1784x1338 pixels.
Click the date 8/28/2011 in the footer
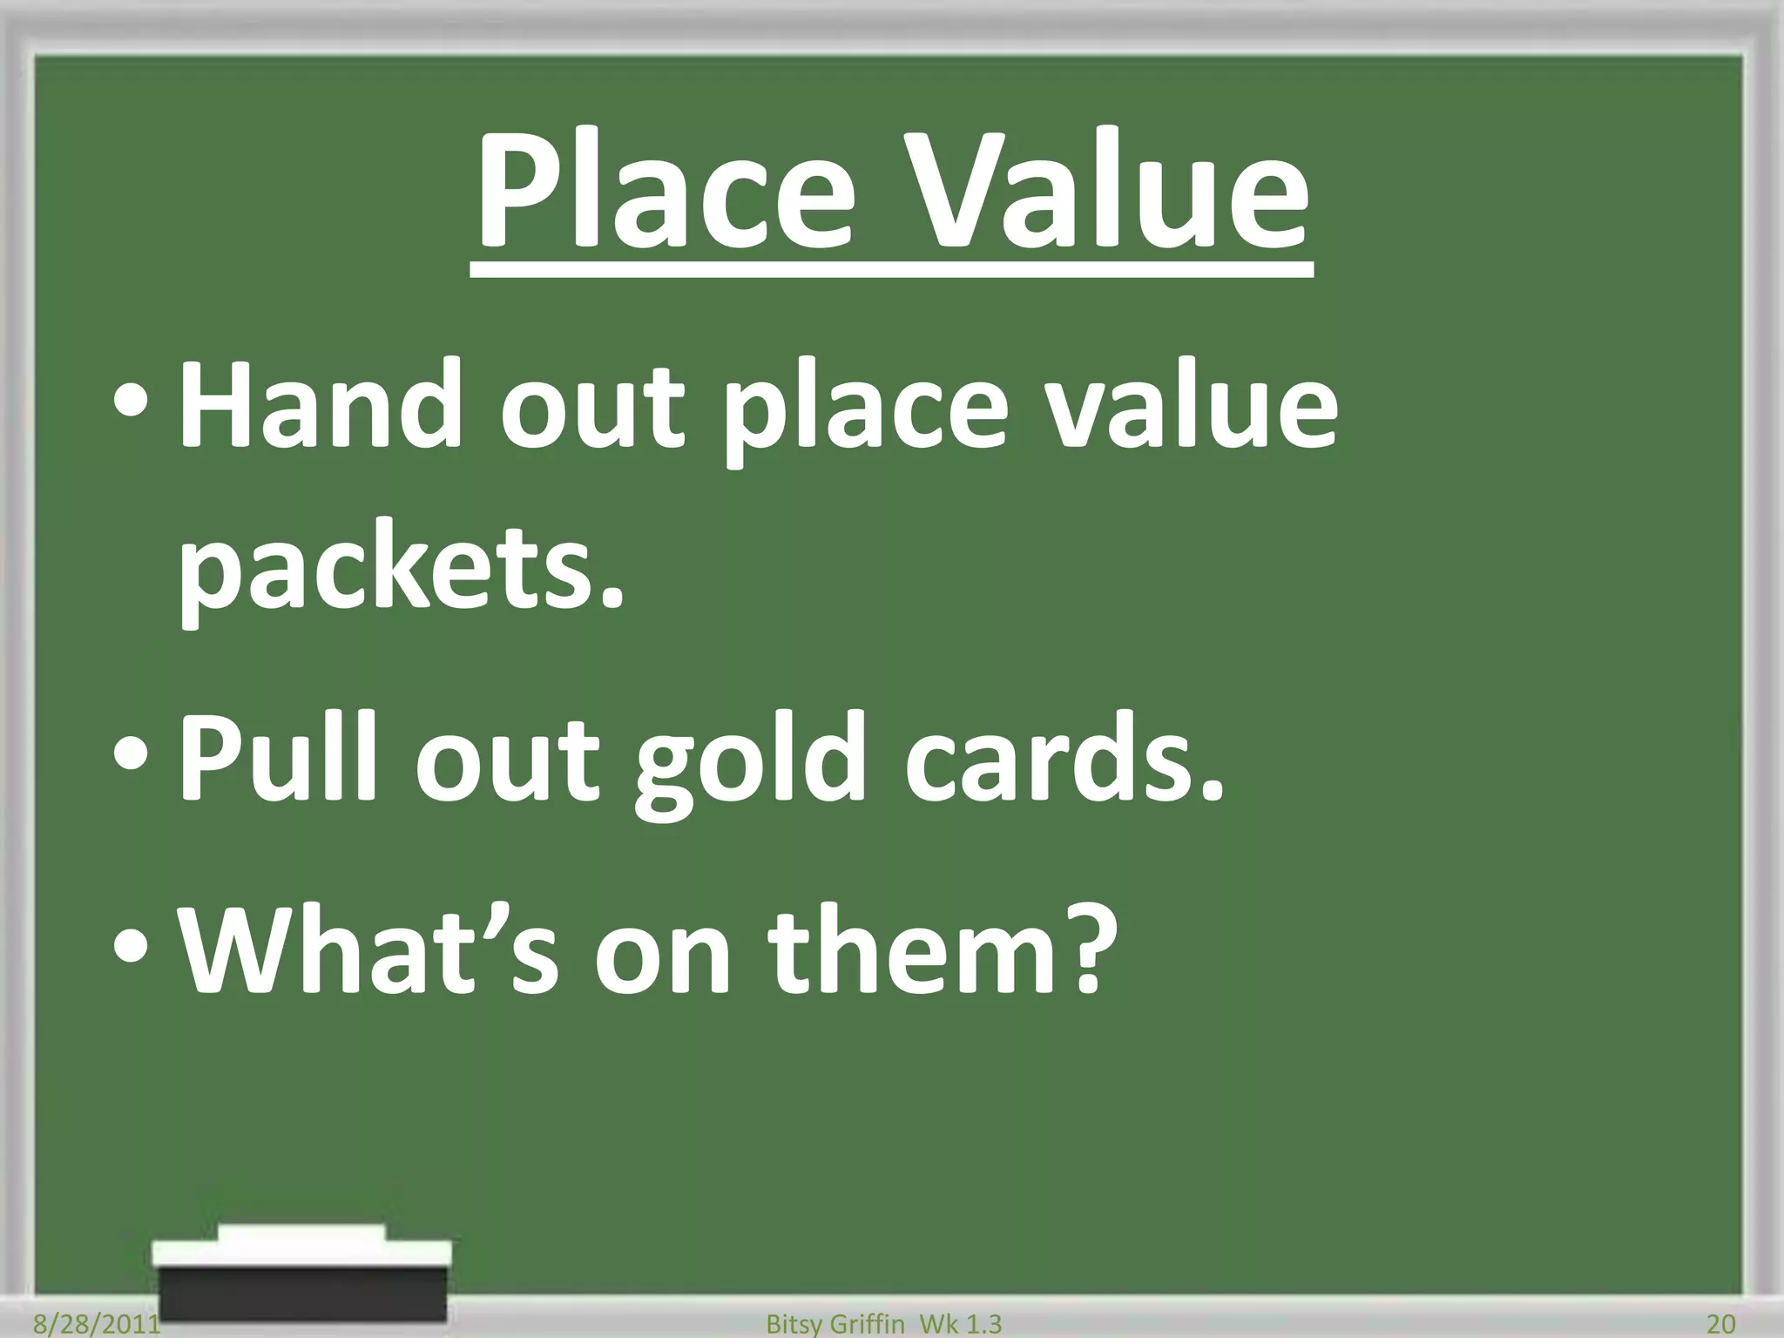(96, 1324)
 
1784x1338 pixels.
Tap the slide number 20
(1720, 1324)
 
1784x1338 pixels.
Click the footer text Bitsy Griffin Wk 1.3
(883, 1324)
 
